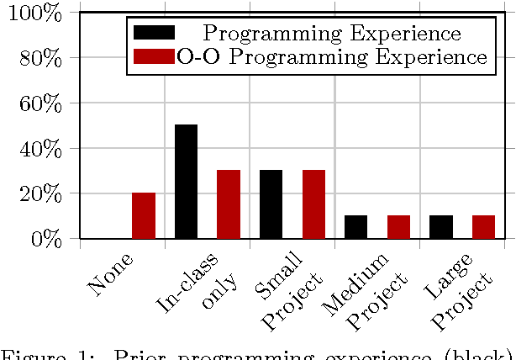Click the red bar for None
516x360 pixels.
pos(144,216)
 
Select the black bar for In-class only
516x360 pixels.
pos(186,182)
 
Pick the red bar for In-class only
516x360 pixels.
pos(229,204)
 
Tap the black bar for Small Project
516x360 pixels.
pos(271,204)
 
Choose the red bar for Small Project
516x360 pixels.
pos(313,204)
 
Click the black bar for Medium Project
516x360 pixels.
pos(356,227)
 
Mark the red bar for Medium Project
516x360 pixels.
pos(398,227)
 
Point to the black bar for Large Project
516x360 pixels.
pos(441,227)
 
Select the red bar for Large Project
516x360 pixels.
pos(483,227)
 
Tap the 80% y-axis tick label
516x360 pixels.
pos(39,58)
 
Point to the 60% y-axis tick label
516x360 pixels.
pos(39,103)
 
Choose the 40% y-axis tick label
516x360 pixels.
pos(39,149)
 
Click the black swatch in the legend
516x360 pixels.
pos(154,33)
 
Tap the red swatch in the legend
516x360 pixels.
pos(154,56)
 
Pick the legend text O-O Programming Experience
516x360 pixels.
pos(333,57)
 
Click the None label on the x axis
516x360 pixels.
pos(110,275)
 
